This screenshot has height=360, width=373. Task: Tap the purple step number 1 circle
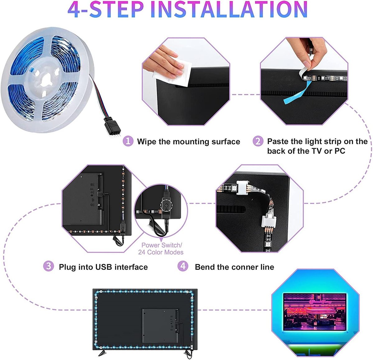(x=128, y=141)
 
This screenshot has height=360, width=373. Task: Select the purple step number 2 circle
(x=258, y=141)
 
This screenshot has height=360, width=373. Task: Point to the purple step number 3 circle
(x=48, y=266)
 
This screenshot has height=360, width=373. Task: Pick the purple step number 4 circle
(x=183, y=266)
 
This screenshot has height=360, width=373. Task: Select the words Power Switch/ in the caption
(x=162, y=245)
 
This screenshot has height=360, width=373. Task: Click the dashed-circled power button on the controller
(x=166, y=205)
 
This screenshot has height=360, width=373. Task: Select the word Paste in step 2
(x=278, y=141)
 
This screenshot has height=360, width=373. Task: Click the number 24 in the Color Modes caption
(x=142, y=252)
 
